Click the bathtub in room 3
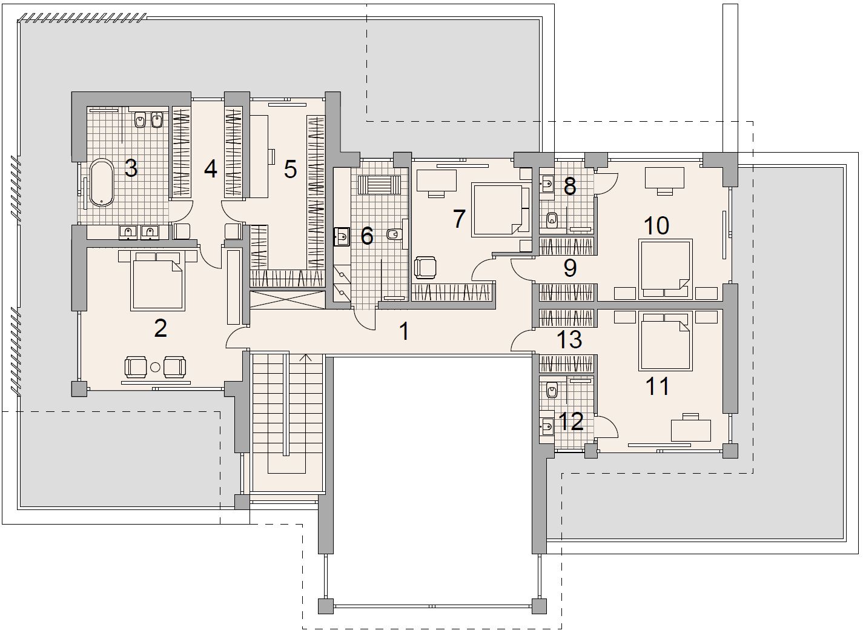pos(102,182)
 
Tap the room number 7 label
pos(458,219)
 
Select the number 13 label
pos(569,339)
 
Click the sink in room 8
pos(547,184)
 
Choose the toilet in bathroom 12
pos(552,391)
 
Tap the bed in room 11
pos(666,341)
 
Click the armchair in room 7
pos(425,267)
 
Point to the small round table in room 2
pos(155,367)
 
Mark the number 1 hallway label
pos(404,331)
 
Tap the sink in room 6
pos(342,236)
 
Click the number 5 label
pos(290,169)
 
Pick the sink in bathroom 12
pos(547,426)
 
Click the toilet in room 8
pos(552,220)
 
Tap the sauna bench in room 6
pos(379,185)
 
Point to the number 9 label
pos(570,268)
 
